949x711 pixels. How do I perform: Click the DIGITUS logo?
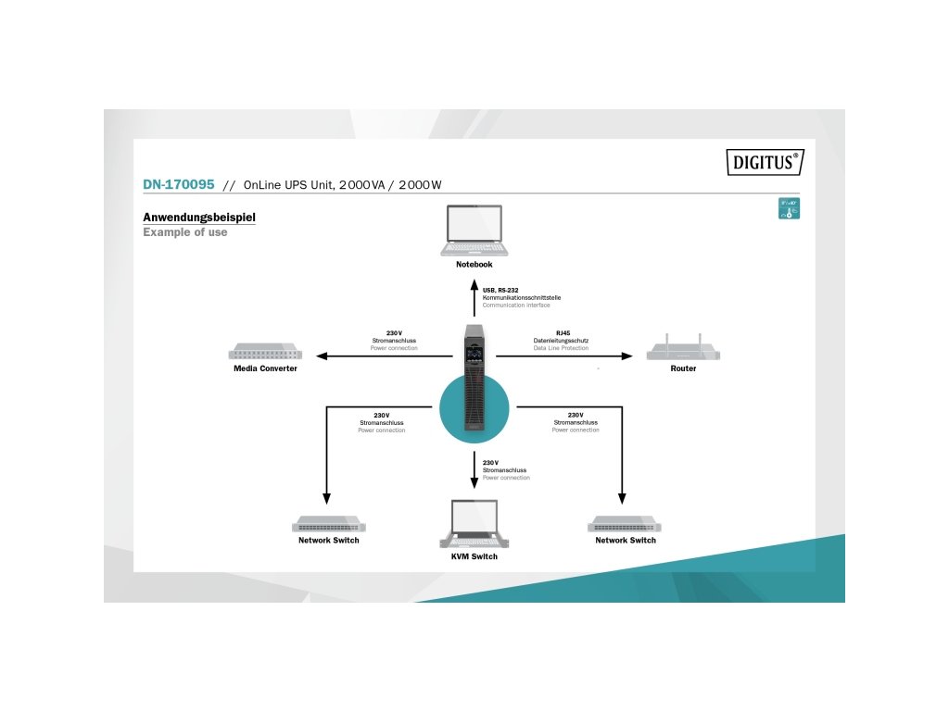764,162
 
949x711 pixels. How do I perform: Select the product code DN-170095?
179,184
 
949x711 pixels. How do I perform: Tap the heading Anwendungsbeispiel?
198,218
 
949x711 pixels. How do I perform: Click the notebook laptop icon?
474,231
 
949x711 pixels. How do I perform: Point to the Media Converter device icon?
265,353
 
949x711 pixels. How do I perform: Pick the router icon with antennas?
683,349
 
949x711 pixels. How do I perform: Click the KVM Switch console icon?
474,525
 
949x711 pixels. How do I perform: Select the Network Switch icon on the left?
328,524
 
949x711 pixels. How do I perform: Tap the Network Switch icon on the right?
625,524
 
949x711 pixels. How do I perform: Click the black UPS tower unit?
474,380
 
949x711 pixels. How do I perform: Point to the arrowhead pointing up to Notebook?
474,281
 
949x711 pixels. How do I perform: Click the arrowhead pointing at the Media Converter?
319,355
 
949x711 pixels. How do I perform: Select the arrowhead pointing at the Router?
628,355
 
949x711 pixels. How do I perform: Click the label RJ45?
563,332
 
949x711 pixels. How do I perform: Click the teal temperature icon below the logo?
789,208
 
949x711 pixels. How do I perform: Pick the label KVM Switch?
474,556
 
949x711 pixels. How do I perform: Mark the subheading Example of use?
184,232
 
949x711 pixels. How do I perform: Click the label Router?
683,368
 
